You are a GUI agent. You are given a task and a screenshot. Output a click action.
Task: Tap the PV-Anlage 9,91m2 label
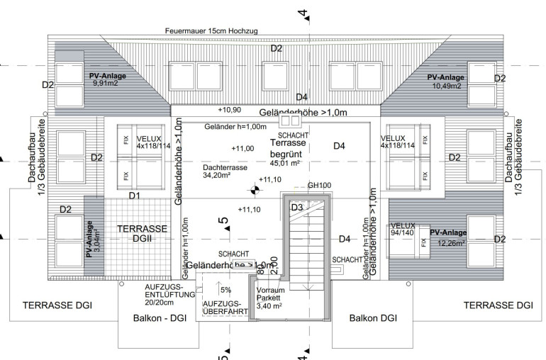point(107,79)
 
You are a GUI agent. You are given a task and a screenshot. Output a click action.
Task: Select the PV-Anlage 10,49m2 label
point(446,81)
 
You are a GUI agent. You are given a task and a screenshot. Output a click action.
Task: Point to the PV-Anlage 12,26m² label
point(448,237)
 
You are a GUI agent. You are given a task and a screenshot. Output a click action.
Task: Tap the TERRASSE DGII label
point(143,234)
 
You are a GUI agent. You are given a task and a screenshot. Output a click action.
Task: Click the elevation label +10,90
point(230,110)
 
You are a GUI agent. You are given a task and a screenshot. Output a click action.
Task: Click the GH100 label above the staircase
point(319,186)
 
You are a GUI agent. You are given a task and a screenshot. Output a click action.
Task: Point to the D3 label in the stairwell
point(297,207)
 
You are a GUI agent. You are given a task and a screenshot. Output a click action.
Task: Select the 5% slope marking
point(225,290)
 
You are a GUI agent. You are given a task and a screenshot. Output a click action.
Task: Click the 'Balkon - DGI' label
point(160,318)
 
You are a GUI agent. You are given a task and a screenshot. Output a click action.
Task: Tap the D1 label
point(134,195)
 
